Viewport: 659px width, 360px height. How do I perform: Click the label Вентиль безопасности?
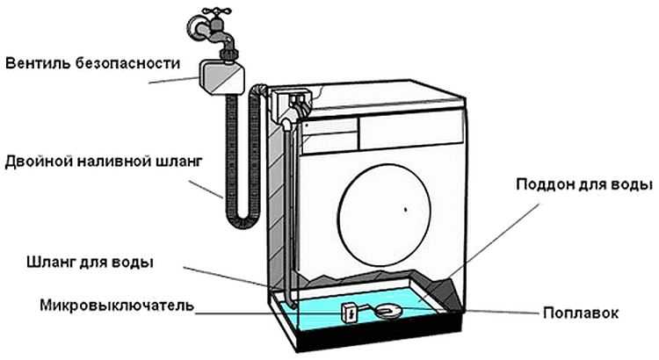92,64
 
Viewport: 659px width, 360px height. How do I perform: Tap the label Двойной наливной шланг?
104,162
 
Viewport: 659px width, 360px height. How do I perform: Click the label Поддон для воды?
583,185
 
